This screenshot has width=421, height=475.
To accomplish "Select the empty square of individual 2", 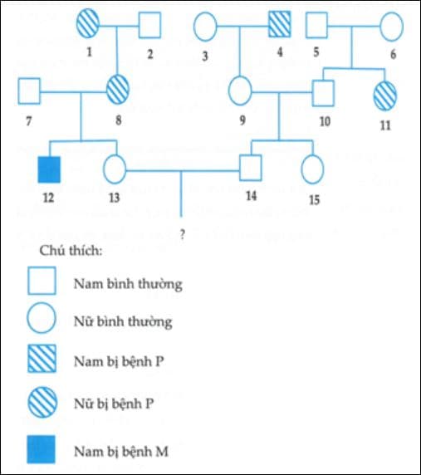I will point(149,27).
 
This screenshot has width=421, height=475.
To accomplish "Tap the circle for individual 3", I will point(206,27).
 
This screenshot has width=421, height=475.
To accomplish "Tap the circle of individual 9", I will point(240,89).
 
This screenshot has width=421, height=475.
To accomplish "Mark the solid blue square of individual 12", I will point(49,169).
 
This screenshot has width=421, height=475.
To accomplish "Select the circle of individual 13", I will point(115,169).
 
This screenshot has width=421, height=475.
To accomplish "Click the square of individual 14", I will point(252,169).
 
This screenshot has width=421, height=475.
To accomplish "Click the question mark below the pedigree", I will point(182,234).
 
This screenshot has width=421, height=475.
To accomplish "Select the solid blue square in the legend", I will point(43,449).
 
